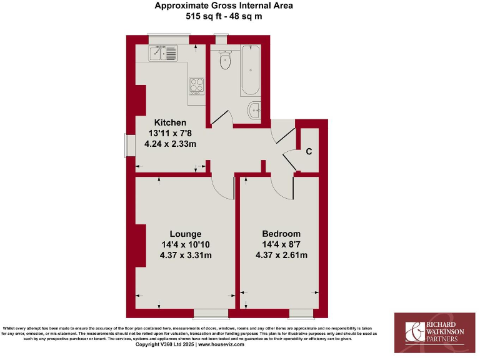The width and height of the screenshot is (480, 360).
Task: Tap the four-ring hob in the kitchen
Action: [x=196, y=84]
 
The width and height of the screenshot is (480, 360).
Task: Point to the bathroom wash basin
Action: [x=255, y=110]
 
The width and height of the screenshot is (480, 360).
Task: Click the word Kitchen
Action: [x=171, y=122]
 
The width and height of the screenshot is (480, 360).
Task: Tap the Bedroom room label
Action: [x=281, y=234]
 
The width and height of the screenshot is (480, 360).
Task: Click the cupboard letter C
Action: [x=309, y=151]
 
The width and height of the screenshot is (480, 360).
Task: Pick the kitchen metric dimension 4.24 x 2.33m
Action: [x=171, y=144]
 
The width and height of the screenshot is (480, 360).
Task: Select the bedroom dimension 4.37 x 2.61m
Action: [x=281, y=255]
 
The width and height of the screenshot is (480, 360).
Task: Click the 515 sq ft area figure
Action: [x=203, y=16]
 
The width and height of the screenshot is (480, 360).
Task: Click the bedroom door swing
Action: [x=281, y=186]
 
